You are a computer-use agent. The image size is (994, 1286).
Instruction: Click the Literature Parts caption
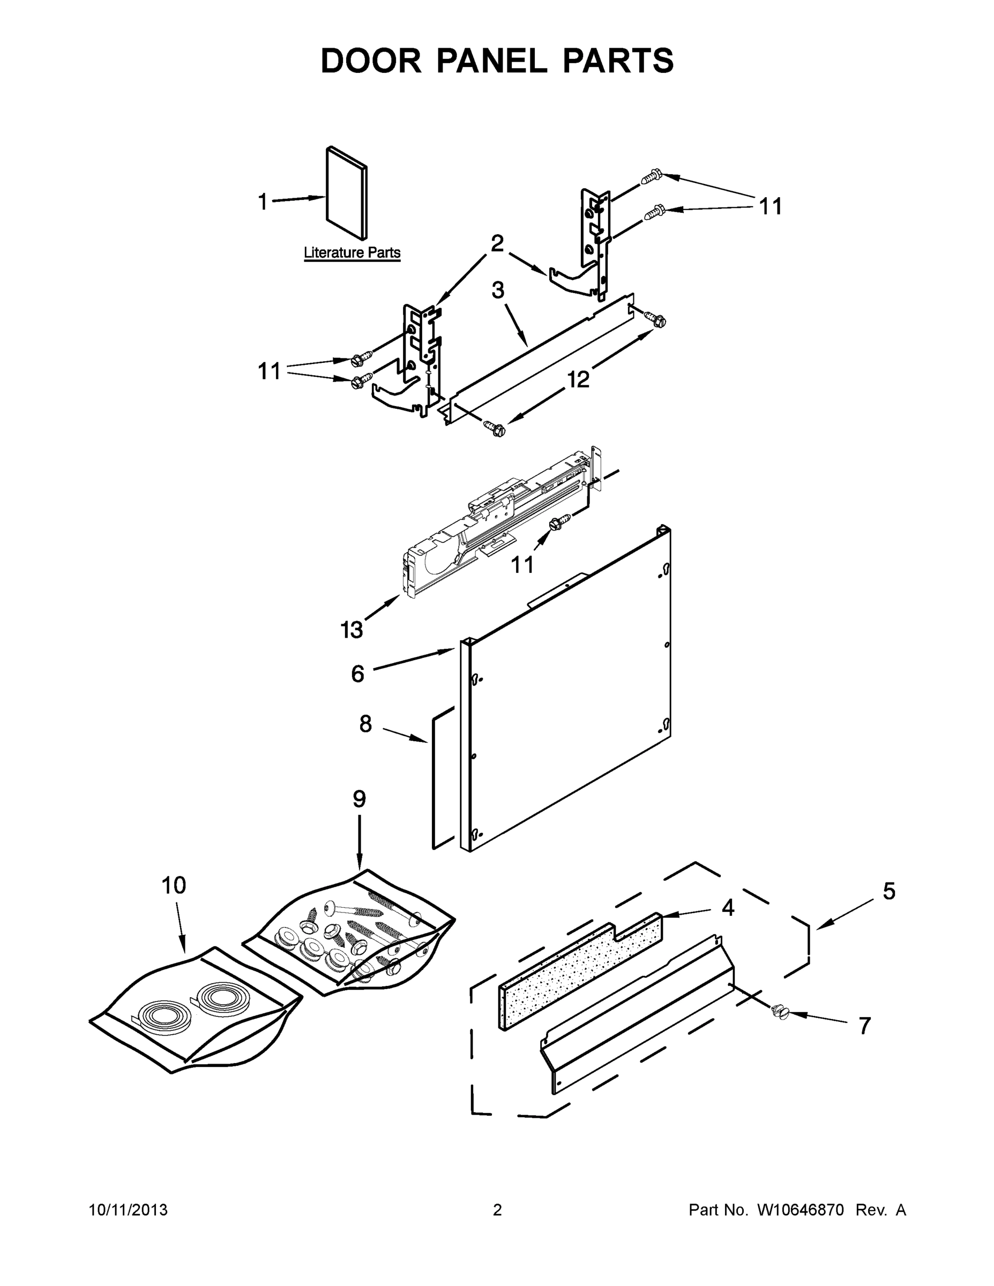tap(352, 252)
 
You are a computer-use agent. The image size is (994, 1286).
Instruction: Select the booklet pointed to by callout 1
tap(347, 195)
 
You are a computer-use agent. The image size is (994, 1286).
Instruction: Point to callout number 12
tap(578, 380)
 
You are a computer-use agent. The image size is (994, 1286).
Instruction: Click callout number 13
tap(352, 630)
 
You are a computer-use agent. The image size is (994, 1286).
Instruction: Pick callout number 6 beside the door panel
tap(357, 673)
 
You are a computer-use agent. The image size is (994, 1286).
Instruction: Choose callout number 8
tap(365, 724)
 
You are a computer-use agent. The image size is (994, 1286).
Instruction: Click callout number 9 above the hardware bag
tap(359, 799)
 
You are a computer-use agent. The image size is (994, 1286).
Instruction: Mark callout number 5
tap(888, 892)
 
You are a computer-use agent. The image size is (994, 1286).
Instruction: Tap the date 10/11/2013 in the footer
tap(129, 1210)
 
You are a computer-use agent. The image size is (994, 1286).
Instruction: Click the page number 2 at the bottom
tap(497, 1210)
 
